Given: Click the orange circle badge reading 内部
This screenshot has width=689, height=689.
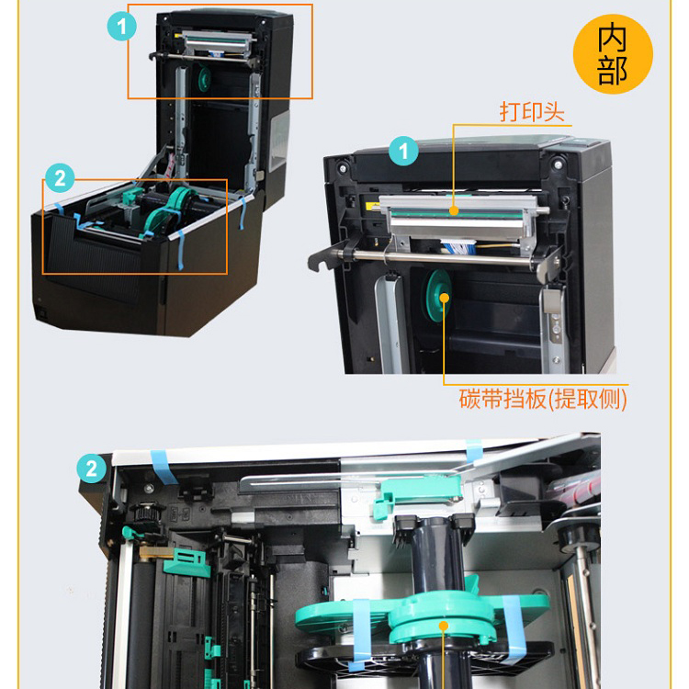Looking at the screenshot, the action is [x=613, y=54].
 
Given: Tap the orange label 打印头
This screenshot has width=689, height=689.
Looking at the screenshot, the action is [x=532, y=111].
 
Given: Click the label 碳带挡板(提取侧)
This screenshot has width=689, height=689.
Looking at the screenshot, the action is [x=543, y=399].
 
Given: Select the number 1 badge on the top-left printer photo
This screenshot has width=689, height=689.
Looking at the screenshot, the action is [x=121, y=27].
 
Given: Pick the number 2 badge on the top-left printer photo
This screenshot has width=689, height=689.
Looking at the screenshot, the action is [x=61, y=177].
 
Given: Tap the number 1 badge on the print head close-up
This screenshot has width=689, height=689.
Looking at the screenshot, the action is [x=403, y=151].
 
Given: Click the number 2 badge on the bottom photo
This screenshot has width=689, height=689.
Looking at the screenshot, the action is [x=91, y=469].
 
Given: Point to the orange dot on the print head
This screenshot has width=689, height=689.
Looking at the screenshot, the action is [x=455, y=211].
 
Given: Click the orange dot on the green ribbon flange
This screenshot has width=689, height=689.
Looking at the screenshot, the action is [x=445, y=298].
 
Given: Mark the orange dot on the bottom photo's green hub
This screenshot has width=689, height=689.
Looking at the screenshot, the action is [x=444, y=626].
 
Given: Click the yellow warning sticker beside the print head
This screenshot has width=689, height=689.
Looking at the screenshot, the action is [x=372, y=206].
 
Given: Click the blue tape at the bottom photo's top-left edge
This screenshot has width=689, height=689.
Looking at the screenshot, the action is [x=163, y=467].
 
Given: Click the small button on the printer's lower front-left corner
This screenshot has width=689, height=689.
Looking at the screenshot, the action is [x=42, y=314].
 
